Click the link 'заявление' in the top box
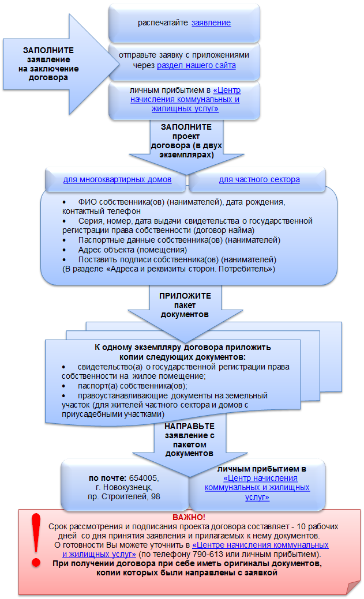[211, 22]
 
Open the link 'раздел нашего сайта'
[196, 65]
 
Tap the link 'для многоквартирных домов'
[117, 179]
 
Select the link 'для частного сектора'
[259, 179]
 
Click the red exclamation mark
[36, 540]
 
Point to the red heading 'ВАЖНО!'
[189, 517]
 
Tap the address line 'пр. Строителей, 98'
[124, 496]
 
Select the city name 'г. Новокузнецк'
[124, 488]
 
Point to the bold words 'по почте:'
[107, 479]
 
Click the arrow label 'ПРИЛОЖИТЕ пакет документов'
[185, 305]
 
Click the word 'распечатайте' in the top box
[163, 23]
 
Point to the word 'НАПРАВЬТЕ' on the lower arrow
[190, 426]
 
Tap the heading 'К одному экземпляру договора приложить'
[183, 348]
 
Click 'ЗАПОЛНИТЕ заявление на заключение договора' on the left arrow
[48, 64]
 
